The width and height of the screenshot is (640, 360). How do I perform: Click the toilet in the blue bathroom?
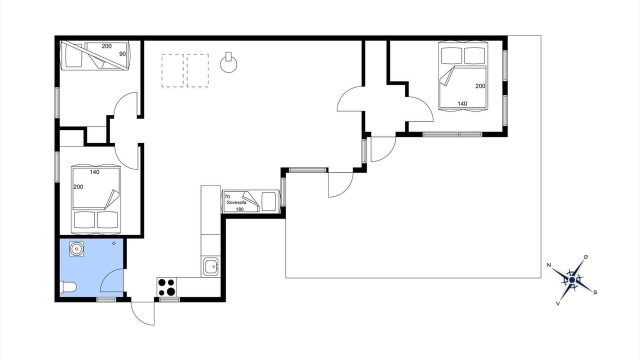point(68,287)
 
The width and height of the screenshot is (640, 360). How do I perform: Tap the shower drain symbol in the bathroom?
point(76,249)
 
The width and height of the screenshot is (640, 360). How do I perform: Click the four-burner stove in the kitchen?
point(167,287)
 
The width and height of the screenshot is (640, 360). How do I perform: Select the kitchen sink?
point(211,266)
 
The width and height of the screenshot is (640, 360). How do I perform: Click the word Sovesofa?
point(236,202)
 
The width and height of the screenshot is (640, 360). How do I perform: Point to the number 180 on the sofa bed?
point(239,209)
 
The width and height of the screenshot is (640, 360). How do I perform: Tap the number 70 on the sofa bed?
point(227,196)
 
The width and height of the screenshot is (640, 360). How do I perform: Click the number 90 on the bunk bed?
point(122,54)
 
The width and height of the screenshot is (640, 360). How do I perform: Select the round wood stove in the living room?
point(228,63)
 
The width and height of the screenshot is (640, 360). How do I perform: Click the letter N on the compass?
point(548,265)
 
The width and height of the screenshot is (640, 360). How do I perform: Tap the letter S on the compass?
point(595,292)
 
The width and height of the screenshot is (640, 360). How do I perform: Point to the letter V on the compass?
point(557,303)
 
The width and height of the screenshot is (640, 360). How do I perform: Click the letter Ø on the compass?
point(585,257)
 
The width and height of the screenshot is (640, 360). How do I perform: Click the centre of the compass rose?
point(571,280)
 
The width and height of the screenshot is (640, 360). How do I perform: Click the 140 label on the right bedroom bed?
point(462,103)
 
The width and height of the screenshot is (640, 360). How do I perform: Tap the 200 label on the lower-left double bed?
point(78,187)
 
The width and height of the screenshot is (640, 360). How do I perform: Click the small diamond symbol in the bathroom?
point(113,243)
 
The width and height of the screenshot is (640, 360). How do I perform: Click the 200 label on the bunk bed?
point(106,46)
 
